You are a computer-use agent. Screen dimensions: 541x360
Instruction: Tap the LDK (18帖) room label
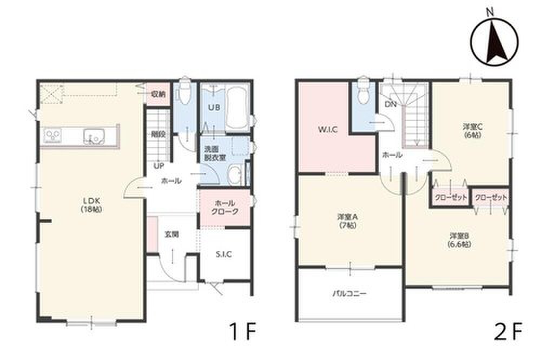coord(91,204)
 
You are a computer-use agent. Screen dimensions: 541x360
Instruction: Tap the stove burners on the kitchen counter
coord(53,135)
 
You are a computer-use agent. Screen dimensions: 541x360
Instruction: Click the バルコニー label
coord(349,294)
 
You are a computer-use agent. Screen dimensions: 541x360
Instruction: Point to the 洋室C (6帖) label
coord(472,131)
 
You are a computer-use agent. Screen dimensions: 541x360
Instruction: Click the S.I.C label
coord(224,255)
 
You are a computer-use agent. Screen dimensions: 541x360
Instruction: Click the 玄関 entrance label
coord(171,235)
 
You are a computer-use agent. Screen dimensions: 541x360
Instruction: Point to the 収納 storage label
coord(159,94)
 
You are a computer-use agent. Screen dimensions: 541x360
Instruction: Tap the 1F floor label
coord(242,331)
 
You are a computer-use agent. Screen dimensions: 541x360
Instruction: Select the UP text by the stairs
coord(159,166)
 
